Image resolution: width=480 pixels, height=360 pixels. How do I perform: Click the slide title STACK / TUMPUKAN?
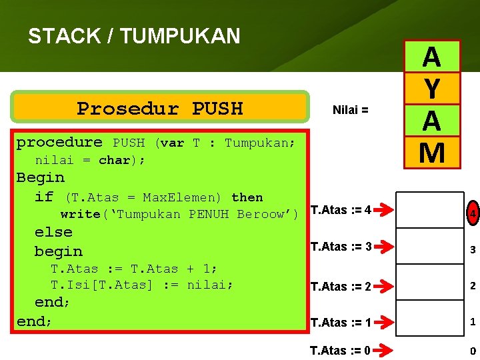click(x=134, y=36)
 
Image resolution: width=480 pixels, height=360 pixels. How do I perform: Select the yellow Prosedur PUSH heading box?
click(x=161, y=107)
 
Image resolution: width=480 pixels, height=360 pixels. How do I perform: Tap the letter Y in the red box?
click(x=431, y=89)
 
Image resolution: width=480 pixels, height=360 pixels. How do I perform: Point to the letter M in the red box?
click(x=431, y=153)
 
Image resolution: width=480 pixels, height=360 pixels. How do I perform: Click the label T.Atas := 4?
click(x=341, y=211)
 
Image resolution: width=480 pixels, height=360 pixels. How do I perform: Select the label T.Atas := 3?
click(x=341, y=247)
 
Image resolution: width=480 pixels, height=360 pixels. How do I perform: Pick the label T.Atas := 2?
click(x=341, y=287)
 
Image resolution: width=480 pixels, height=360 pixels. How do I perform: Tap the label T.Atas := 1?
click(x=341, y=323)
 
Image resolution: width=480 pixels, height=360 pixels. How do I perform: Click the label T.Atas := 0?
click(x=341, y=350)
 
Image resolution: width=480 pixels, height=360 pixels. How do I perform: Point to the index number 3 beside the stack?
click(x=471, y=251)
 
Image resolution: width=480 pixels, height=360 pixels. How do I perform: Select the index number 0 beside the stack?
click(x=472, y=351)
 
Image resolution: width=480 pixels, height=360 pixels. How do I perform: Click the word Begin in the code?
click(x=41, y=178)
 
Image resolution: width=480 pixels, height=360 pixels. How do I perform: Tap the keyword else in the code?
click(x=53, y=233)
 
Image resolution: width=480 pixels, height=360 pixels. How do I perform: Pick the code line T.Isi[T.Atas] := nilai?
click(x=143, y=285)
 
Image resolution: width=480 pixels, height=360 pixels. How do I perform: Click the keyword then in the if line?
click(x=247, y=197)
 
